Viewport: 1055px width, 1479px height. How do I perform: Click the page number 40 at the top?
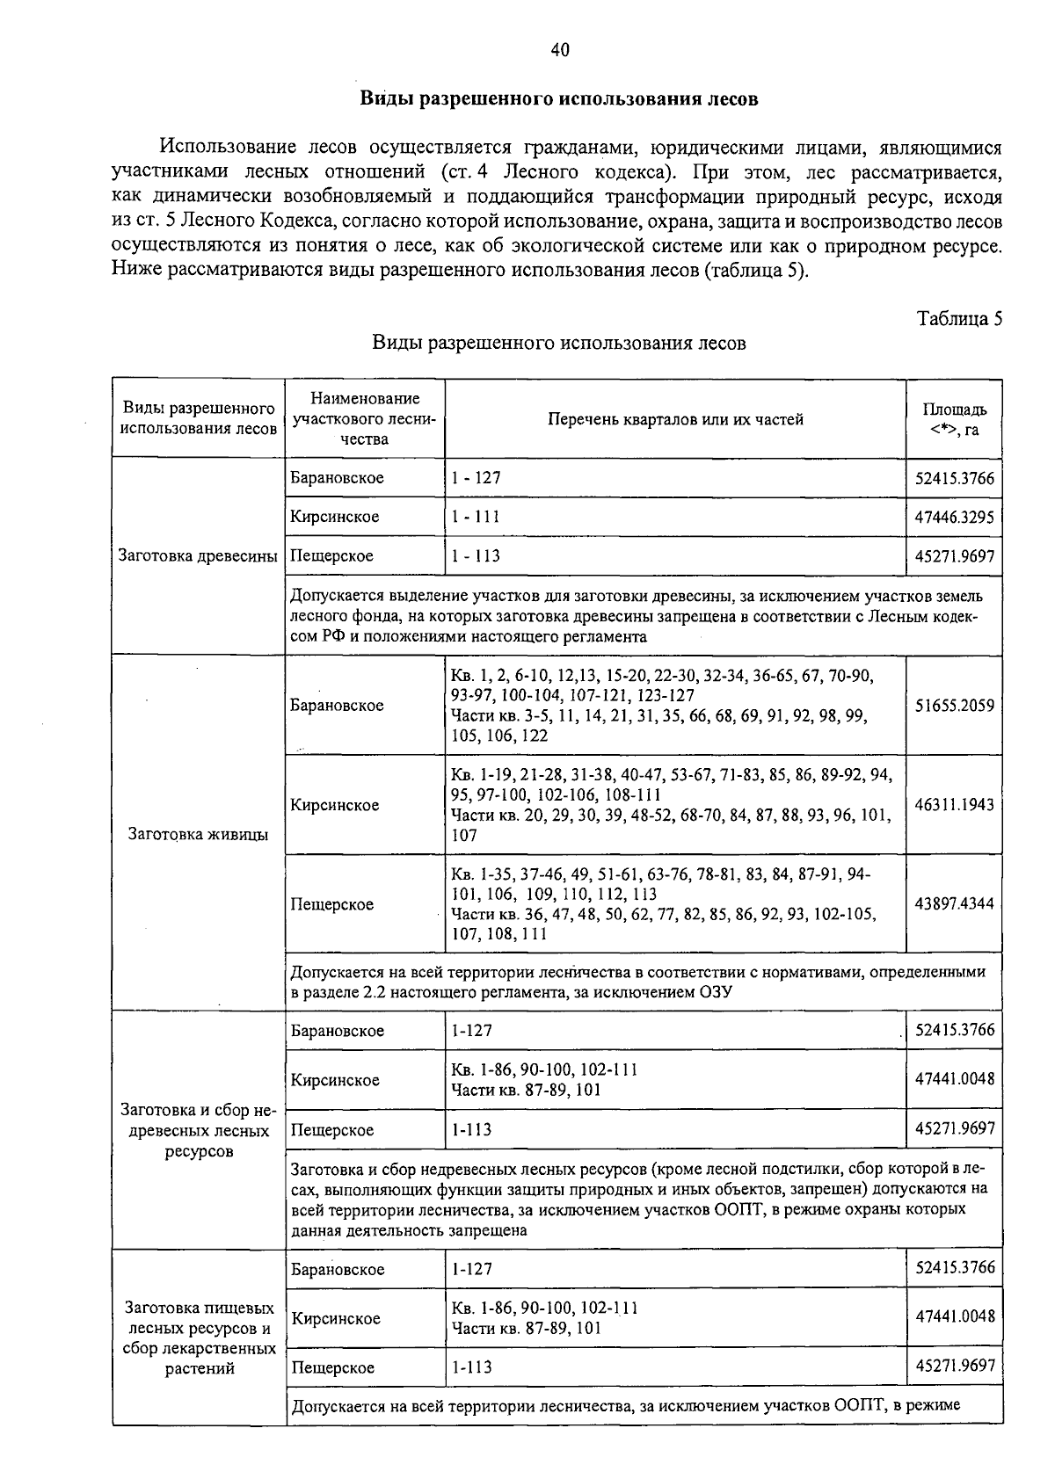[x=560, y=50]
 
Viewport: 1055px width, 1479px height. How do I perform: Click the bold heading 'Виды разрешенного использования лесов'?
[x=559, y=98]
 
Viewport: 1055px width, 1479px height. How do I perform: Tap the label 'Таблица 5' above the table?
[x=959, y=319]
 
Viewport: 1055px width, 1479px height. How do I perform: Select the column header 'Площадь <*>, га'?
[x=954, y=419]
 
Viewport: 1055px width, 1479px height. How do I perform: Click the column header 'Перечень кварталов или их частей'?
[x=675, y=419]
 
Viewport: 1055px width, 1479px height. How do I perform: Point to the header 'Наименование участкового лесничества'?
[x=365, y=418]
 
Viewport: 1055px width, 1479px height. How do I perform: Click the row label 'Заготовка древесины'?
[x=198, y=555]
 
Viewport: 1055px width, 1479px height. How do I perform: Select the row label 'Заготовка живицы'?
[x=198, y=834]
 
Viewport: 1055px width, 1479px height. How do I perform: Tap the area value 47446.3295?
[x=954, y=517]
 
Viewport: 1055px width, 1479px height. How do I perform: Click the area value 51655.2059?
[x=954, y=705]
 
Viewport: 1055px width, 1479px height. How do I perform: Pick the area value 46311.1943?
[x=954, y=804]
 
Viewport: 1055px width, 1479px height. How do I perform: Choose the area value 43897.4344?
[x=954, y=903]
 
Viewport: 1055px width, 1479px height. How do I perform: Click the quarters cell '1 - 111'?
[x=476, y=517]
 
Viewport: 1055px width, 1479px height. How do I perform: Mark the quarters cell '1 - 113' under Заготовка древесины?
[x=476, y=555]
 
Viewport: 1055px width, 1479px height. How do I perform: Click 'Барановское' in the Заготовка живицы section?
[x=337, y=705]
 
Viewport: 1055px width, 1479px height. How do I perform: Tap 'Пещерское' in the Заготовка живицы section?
[x=332, y=904]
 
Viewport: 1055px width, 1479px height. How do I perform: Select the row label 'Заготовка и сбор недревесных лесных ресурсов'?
[x=198, y=1130]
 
